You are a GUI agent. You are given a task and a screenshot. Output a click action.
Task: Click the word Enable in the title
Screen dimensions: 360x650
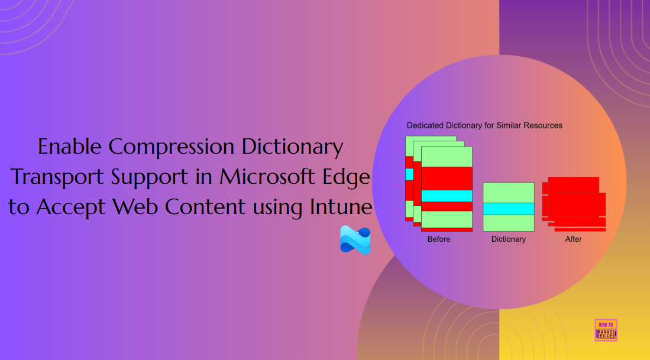pos(69,147)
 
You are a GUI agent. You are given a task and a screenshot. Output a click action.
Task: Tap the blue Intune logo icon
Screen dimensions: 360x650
pos(355,240)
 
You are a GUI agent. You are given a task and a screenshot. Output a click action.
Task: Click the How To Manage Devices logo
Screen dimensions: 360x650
pos(606,330)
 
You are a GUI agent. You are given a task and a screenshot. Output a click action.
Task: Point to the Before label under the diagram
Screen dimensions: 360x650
pos(439,239)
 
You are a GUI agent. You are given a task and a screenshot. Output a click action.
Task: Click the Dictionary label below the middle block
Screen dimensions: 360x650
pos(508,239)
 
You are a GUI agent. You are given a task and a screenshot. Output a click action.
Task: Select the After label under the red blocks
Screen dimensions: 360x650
pos(573,239)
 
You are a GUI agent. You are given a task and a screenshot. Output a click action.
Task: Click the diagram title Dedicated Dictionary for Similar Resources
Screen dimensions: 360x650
pos(484,125)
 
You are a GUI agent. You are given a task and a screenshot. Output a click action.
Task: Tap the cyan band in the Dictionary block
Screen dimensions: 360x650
pos(509,209)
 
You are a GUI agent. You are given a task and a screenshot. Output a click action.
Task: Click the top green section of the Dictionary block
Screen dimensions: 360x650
pos(509,192)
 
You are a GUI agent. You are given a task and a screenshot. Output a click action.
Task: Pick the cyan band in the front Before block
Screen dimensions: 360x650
pos(447,196)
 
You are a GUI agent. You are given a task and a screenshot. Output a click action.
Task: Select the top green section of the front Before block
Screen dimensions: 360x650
pos(447,157)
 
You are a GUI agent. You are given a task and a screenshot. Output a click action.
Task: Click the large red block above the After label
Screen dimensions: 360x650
pos(577,205)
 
